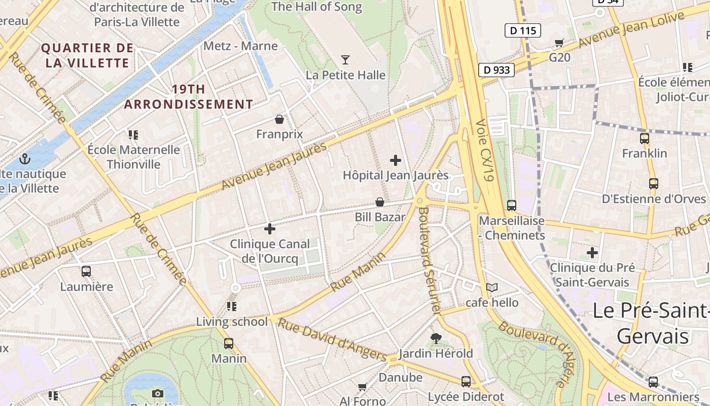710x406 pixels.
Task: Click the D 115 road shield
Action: click(522, 30)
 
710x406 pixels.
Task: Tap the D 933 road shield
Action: click(496, 70)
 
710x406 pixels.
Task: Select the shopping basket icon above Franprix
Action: click(279, 120)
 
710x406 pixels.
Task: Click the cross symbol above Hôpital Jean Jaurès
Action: click(396, 161)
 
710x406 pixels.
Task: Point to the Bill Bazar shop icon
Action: click(379, 202)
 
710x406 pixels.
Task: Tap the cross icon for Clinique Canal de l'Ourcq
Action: click(270, 229)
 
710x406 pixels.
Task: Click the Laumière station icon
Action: click(86, 272)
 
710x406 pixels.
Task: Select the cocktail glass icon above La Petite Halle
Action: click(345, 60)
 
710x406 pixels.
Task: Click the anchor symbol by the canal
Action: click(25, 159)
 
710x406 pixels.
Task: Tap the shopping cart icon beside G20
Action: click(559, 43)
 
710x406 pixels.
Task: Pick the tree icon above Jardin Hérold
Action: click(436, 338)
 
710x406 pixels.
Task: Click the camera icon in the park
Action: click(158, 393)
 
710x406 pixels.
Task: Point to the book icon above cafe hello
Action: click(491, 288)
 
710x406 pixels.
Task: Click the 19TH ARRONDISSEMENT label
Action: click(189, 97)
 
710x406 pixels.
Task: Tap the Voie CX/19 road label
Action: click(485, 151)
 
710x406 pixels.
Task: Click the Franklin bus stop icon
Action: click(645, 138)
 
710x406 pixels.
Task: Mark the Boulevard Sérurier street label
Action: click(429, 259)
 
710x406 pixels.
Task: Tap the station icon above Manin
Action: click(229, 344)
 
